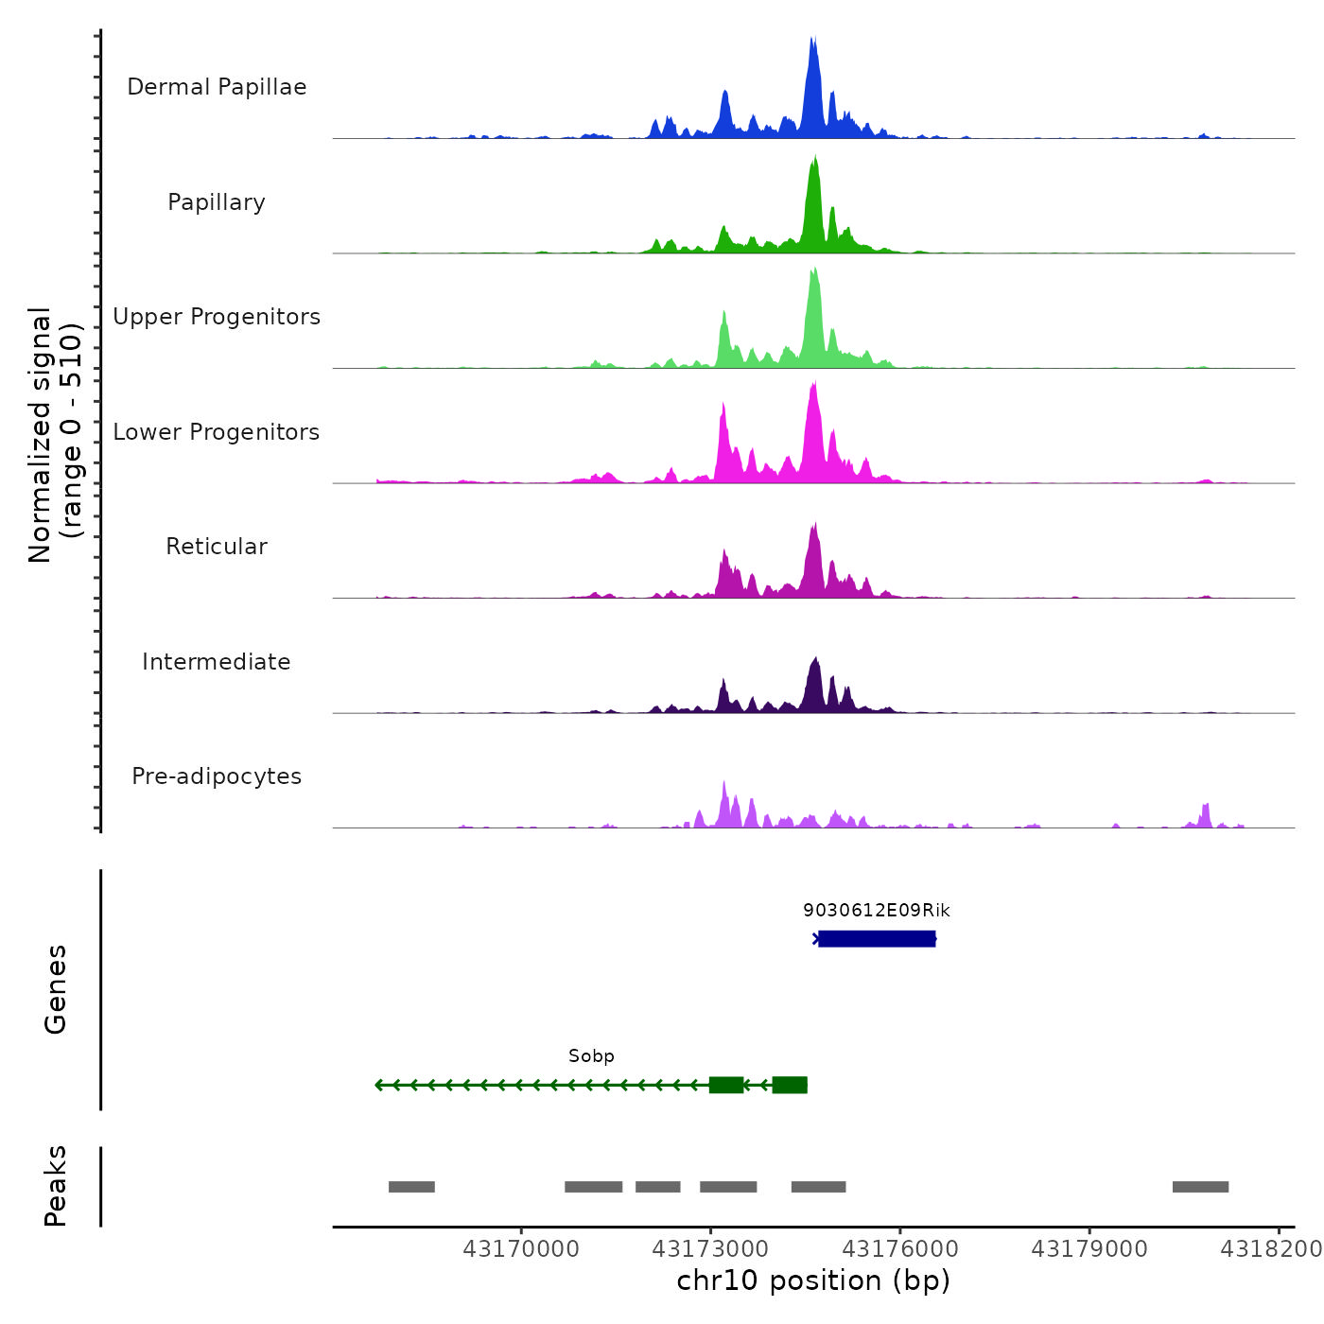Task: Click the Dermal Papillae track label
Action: click(217, 87)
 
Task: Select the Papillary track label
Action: click(217, 202)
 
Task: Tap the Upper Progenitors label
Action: click(217, 317)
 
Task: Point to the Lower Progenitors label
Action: click(217, 432)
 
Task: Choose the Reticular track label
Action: click(217, 547)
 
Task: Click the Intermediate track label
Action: click(217, 662)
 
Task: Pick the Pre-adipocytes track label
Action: click(217, 776)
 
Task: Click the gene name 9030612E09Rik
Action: click(877, 911)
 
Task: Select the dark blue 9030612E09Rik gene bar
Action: click(877, 939)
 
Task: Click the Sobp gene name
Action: click(591, 1056)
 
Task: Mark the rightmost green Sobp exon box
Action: click(790, 1085)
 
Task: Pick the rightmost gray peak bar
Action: click(1200, 1187)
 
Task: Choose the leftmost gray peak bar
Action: click(411, 1187)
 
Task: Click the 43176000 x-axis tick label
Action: click(899, 1249)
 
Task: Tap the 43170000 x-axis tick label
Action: click(521, 1249)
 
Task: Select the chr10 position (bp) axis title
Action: click(813, 1280)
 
